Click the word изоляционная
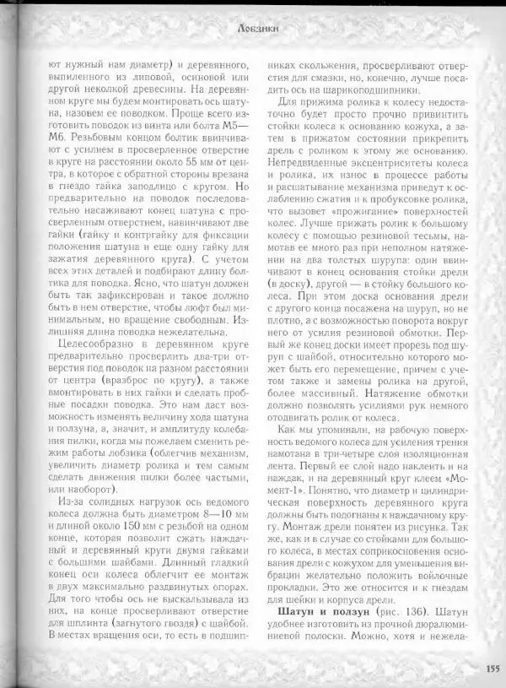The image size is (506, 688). point(429,451)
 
